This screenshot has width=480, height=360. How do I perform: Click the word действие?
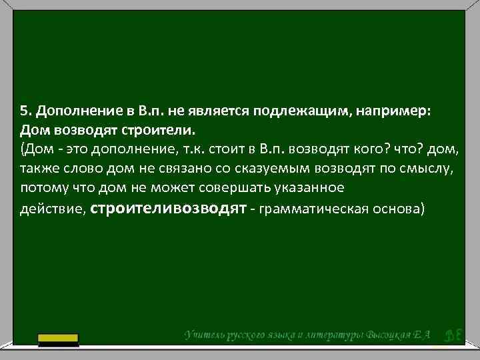click(51, 209)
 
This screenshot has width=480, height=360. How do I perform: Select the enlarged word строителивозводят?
click(169, 207)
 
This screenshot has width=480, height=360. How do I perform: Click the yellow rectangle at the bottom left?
click(59, 339)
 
